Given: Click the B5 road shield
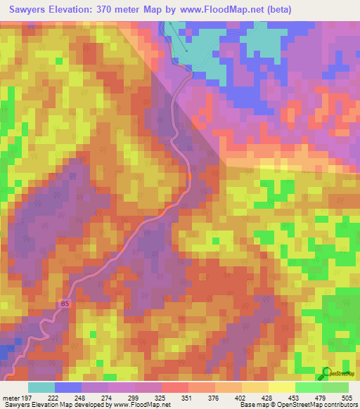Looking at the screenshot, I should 65,304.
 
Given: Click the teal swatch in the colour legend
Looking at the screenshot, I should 41,387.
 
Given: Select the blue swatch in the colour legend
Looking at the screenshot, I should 68,387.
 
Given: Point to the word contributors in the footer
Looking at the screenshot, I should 340,404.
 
